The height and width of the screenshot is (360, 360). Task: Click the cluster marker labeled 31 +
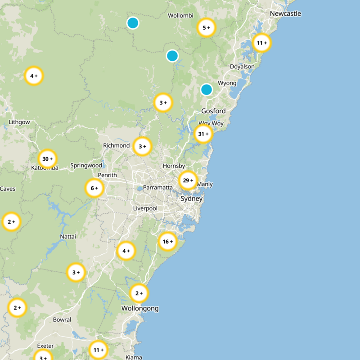(x=203, y=134)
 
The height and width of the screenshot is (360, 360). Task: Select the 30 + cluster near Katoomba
(x=48, y=159)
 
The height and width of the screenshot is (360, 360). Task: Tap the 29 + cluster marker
(x=188, y=180)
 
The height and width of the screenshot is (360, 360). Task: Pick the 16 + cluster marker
(x=168, y=242)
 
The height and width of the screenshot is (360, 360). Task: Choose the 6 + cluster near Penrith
(x=95, y=188)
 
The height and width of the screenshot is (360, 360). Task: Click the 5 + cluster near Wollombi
(x=207, y=28)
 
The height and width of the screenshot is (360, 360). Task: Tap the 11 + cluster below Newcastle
(x=262, y=43)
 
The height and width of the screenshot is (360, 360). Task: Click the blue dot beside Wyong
(x=207, y=89)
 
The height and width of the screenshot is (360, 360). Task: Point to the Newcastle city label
(x=285, y=14)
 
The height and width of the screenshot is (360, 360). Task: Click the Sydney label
(x=192, y=198)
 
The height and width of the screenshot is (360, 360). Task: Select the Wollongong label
(x=140, y=308)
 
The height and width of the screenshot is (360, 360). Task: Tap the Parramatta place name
(x=158, y=187)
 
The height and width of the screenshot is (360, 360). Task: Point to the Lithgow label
(x=19, y=122)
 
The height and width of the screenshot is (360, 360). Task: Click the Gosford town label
(x=213, y=111)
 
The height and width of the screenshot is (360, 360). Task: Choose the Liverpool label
(x=145, y=208)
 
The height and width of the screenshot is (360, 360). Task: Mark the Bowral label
(x=62, y=319)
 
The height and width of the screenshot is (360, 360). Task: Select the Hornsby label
(x=174, y=166)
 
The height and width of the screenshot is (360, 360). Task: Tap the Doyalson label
(x=242, y=67)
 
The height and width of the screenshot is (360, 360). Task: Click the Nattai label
(x=68, y=236)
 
